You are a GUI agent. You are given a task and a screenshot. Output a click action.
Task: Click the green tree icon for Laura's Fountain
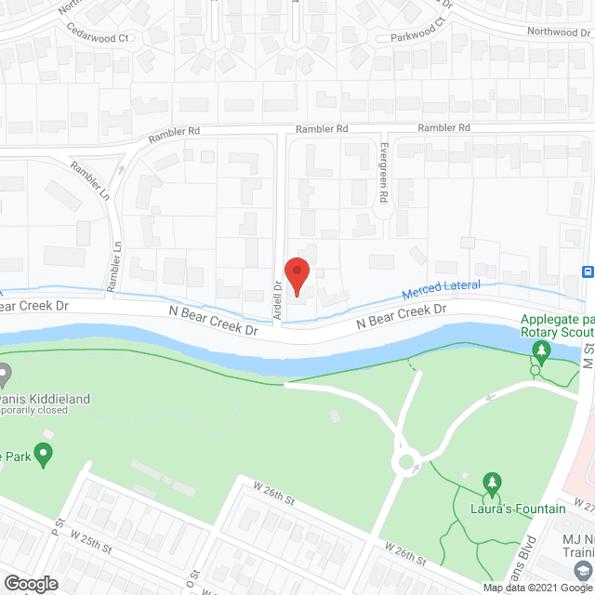coord(493,483)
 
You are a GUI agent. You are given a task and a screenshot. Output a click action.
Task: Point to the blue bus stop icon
coord(588,271)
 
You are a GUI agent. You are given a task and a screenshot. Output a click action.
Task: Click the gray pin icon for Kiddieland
coord(5,376)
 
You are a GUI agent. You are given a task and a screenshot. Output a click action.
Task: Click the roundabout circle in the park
coord(406,461)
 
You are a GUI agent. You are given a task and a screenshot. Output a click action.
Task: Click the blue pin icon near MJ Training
coord(583,568)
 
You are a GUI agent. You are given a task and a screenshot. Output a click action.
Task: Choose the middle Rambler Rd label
coord(321,129)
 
